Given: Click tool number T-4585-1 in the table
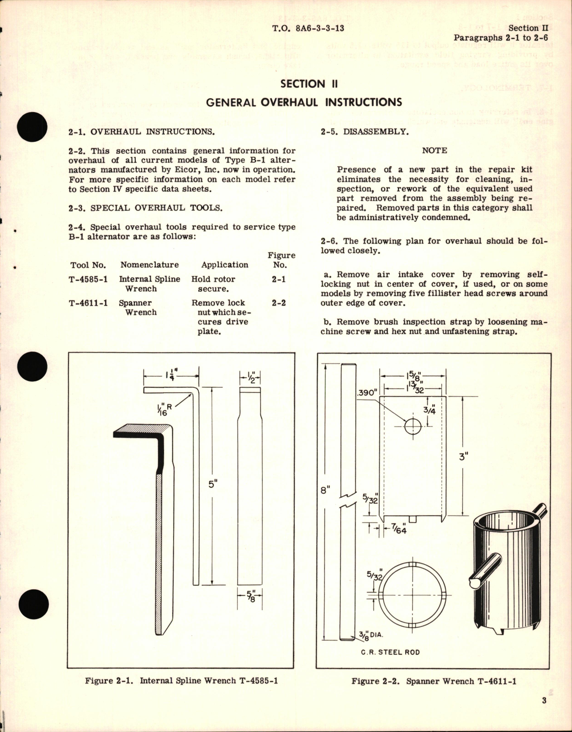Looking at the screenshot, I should [89, 279].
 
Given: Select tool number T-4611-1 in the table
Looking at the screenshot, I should [89, 303].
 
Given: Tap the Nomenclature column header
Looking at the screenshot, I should [149, 265].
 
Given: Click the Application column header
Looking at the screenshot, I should [224, 265].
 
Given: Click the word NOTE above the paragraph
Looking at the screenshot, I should [434, 150].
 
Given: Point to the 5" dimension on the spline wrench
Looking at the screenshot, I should [213, 485].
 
